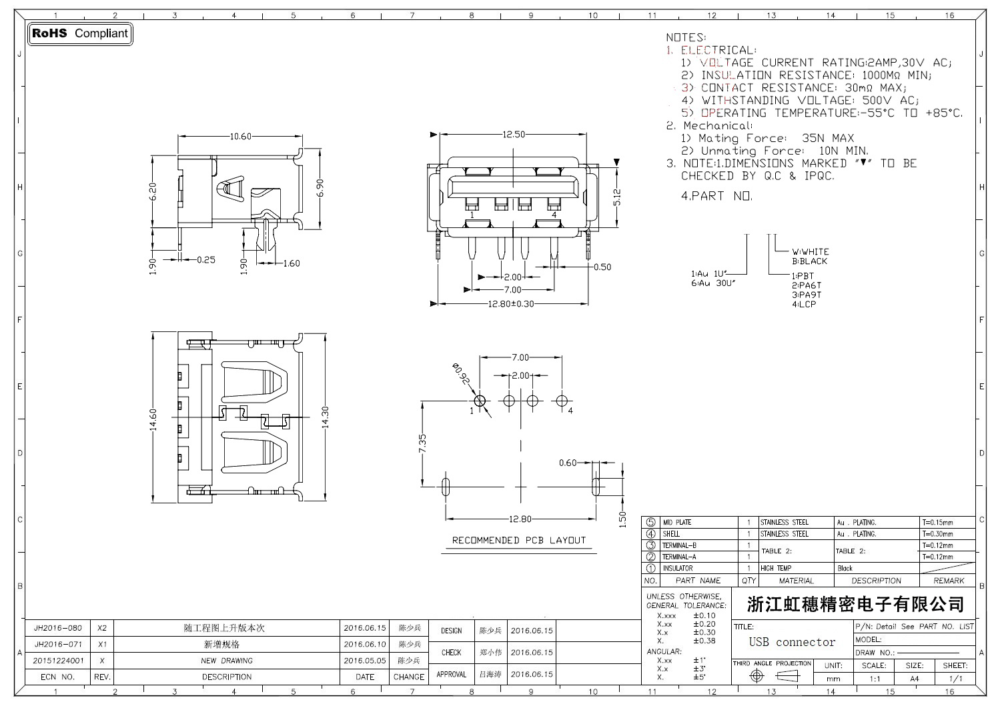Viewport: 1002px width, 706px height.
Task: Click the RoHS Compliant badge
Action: click(x=80, y=33)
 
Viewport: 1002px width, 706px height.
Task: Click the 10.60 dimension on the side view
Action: click(x=240, y=137)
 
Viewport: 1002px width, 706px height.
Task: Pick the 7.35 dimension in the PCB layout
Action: click(x=422, y=443)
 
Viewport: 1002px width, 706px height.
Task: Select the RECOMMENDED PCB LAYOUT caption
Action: click(x=518, y=541)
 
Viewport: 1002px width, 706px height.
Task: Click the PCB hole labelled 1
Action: click(x=480, y=401)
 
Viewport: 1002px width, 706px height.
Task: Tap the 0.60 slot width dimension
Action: click(x=568, y=463)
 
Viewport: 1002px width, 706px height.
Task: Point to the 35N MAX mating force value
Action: click(x=827, y=139)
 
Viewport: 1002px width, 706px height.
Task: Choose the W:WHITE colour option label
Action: click(x=811, y=252)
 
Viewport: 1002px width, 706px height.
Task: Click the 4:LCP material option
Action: click(x=804, y=305)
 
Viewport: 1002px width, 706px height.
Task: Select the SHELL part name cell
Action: click(x=672, y=534)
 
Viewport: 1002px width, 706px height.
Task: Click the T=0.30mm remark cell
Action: click(x=937, y=534)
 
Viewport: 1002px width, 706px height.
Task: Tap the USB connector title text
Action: click(x=792, y=643)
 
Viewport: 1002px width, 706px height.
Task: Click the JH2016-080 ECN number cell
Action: click(x=58, y=628)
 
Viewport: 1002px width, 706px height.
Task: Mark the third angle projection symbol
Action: click(x=772, y=676)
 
